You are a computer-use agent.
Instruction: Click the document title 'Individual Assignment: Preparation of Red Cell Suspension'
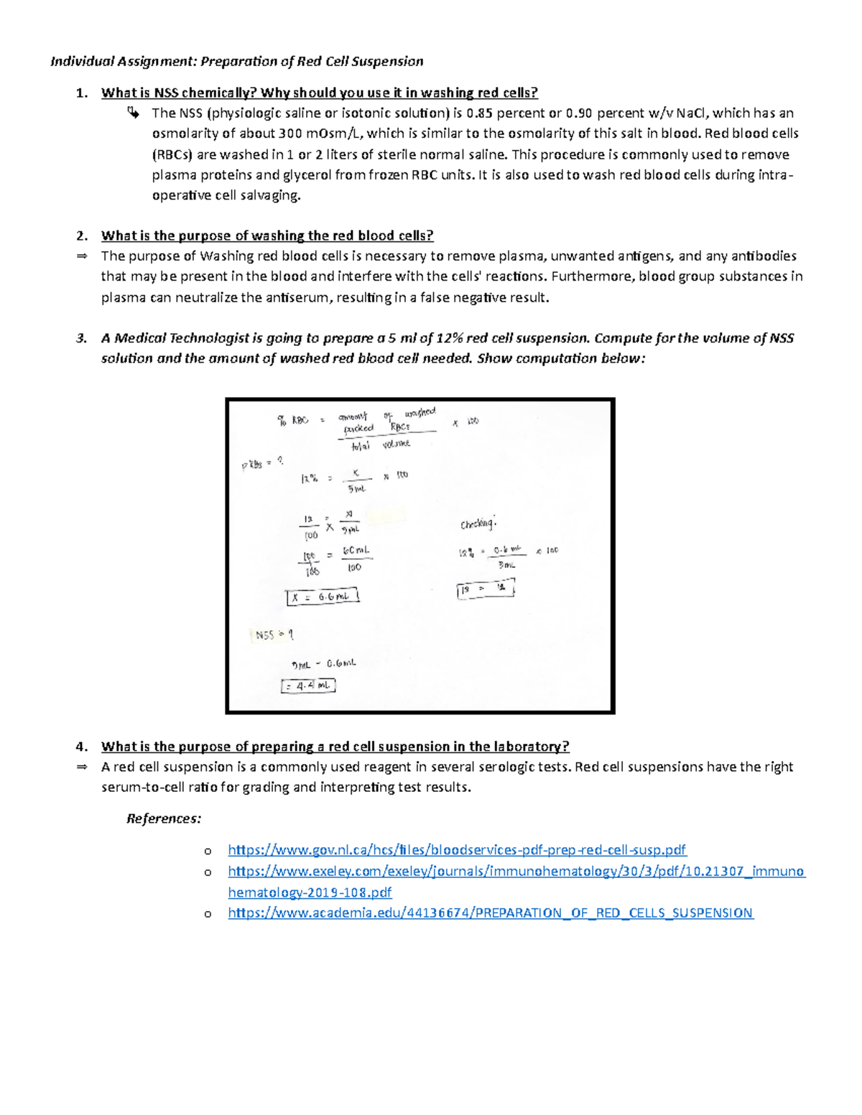coord(236,61)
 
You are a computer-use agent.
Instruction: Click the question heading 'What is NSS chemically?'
coord(179,93)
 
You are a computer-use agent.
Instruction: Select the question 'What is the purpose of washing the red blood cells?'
coord(267,235)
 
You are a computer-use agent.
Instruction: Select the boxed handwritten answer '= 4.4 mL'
coord(308,686)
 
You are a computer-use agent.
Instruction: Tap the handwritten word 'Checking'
coord(478,524)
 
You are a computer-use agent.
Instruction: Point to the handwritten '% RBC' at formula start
coord(292,421)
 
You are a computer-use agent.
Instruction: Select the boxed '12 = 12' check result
coord(486,589)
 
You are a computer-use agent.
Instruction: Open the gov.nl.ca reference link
coord(457,850)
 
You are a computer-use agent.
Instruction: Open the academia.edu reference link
coord(490,913)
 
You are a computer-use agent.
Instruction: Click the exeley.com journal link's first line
coord(516,872)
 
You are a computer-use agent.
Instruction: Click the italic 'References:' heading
coord(164,818)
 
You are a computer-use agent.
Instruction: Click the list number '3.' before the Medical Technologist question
coord(82,338)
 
